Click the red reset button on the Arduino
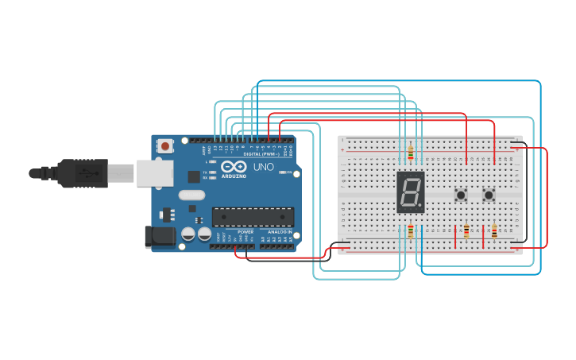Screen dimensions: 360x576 click(x=165, y=145)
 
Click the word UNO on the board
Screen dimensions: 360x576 click(x=263, y=168)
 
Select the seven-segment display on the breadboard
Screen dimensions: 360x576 click(x=410, y=192)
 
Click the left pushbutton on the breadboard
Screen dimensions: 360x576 click(x=460, y=195)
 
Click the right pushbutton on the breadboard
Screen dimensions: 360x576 click(x=489, y=195)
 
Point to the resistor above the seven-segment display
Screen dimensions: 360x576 click(x=410, y=153)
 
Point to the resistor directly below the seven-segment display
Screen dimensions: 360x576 click(x=410, y=231)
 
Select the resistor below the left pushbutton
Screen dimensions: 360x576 click(x=466, y=232)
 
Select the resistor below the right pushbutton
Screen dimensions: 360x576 click(x=494, y=232)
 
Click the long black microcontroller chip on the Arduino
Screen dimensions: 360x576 click(x=253, y=216)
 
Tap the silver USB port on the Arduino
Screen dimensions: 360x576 click(x=154, y=172)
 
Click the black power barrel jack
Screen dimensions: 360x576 click(x=159, y=237)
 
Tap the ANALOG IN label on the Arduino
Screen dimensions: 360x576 click(x=279, y=231)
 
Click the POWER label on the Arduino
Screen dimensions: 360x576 click(x=245, y=231)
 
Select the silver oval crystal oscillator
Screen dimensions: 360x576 click(x=191, y=195)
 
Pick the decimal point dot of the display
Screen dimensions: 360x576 click(x=420, y=205)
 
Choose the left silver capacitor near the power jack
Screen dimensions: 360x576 click(x=188, y=234)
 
